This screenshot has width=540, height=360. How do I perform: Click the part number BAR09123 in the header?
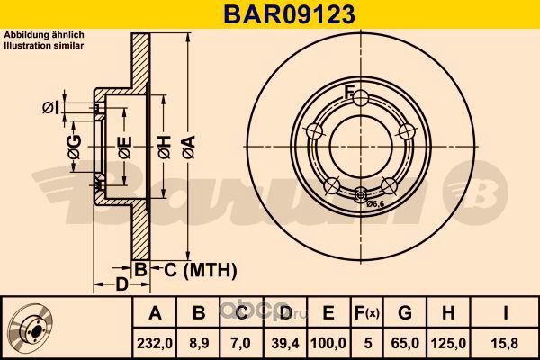(x=289, y=14)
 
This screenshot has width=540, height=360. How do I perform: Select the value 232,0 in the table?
(x=155, y=343)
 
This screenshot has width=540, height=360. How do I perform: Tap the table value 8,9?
(x=199, y=343)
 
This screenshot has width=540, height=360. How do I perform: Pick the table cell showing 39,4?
(x=285, y=343)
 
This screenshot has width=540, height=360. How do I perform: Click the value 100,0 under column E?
(x=328, y=343)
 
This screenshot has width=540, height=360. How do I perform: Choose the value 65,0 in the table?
(x=405, y=343)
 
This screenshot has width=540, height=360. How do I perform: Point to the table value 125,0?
(x=448, y=343)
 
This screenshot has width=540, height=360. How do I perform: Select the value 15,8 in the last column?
(x=505, y=343)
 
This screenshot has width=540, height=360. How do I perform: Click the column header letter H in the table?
(x=448, y=313)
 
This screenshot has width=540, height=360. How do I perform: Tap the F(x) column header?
(x=367, y=313)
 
